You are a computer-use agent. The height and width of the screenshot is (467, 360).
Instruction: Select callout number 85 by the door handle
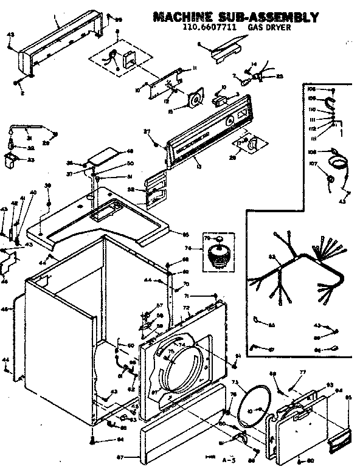[348, 399]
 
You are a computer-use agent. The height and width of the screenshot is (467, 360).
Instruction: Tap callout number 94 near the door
[339, 390]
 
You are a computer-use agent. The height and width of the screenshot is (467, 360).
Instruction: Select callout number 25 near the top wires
[279, 76]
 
